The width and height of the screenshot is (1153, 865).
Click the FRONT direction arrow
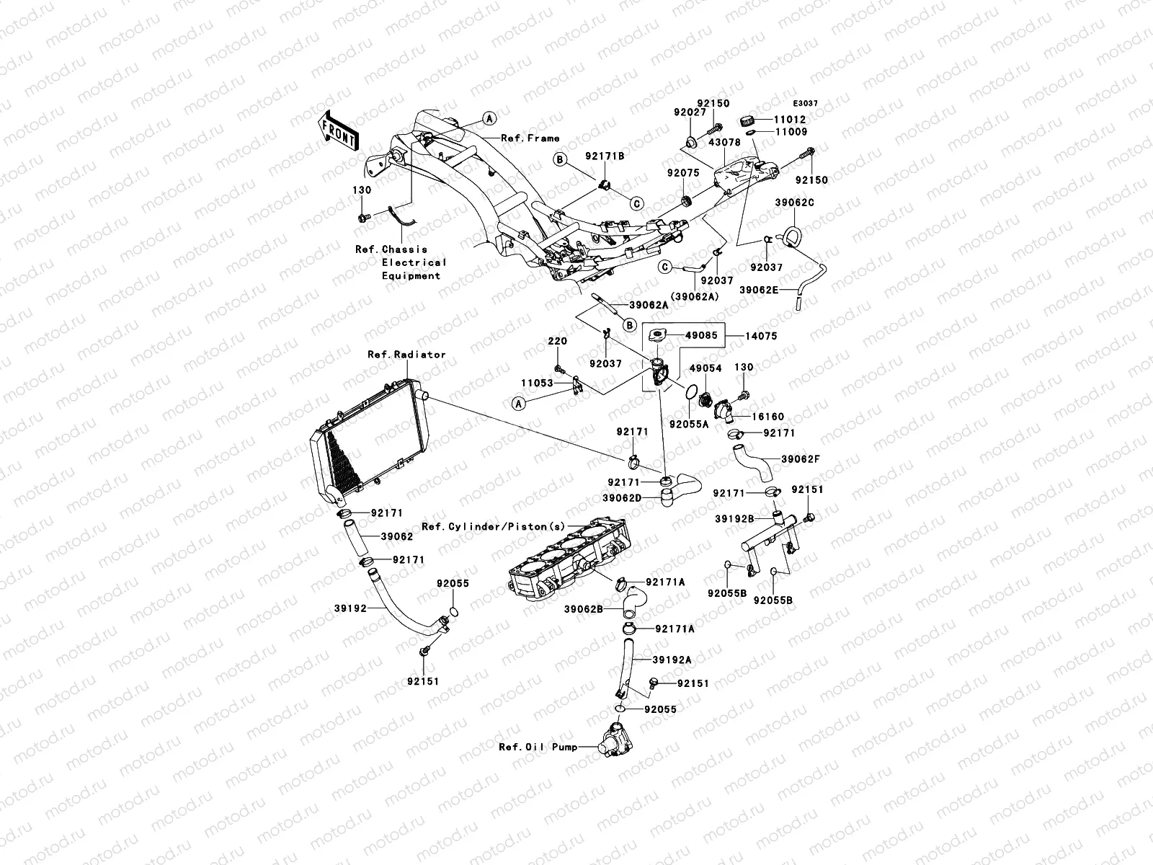(339, 130)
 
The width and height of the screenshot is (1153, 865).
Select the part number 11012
(791, 120)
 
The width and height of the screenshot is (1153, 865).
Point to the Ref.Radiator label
(406, 355)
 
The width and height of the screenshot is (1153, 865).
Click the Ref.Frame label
(531, 138)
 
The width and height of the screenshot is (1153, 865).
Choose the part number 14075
(761, 336)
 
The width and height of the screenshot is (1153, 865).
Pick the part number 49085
(701, 336)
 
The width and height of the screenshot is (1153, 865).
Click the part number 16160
(767, 417)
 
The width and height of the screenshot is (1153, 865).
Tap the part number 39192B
(734, 518)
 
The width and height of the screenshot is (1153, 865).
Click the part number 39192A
(672, 660)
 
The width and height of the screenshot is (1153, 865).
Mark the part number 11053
(536, 383)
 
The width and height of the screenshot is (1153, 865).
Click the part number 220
(557, 342)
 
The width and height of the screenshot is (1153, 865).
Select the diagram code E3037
(806, 104)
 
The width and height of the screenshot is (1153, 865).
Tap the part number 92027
(690, 112)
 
